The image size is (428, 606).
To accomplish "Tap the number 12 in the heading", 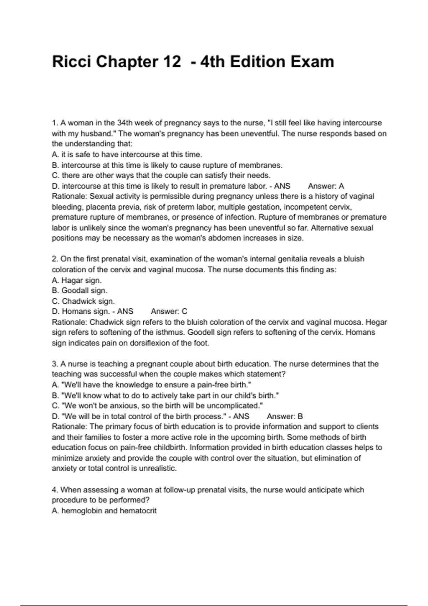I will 172,62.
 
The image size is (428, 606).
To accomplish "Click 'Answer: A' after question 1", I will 326,186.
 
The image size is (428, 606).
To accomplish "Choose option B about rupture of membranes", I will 167,165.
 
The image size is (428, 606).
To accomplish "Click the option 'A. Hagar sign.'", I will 77,280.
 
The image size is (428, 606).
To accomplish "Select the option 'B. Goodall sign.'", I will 80,291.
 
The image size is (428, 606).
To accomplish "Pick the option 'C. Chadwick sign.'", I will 83,301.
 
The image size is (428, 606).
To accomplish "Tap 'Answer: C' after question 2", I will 169,312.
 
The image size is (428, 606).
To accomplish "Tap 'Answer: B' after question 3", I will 285,416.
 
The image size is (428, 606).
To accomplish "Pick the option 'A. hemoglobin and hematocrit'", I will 104,511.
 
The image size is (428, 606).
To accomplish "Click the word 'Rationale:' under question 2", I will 69,322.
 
